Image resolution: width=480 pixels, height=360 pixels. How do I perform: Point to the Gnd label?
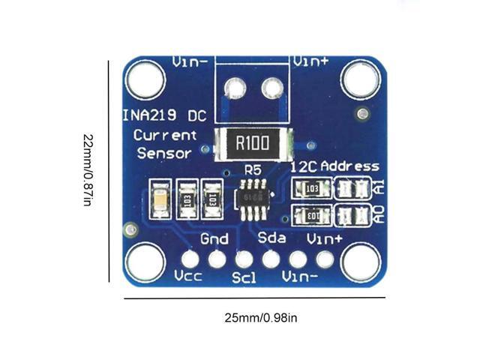coord(215,239)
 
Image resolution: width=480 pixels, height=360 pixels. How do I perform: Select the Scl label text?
coord(244,277)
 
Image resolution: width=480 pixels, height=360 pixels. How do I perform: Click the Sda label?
coord(271,238)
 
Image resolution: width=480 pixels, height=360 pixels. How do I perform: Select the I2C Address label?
coord(334,166)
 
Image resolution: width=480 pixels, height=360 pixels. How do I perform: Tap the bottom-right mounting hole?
coord(361,263)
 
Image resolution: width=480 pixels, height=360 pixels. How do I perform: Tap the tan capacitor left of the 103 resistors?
coord(160,199)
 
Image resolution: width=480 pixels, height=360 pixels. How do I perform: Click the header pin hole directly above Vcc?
coord(190,259)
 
